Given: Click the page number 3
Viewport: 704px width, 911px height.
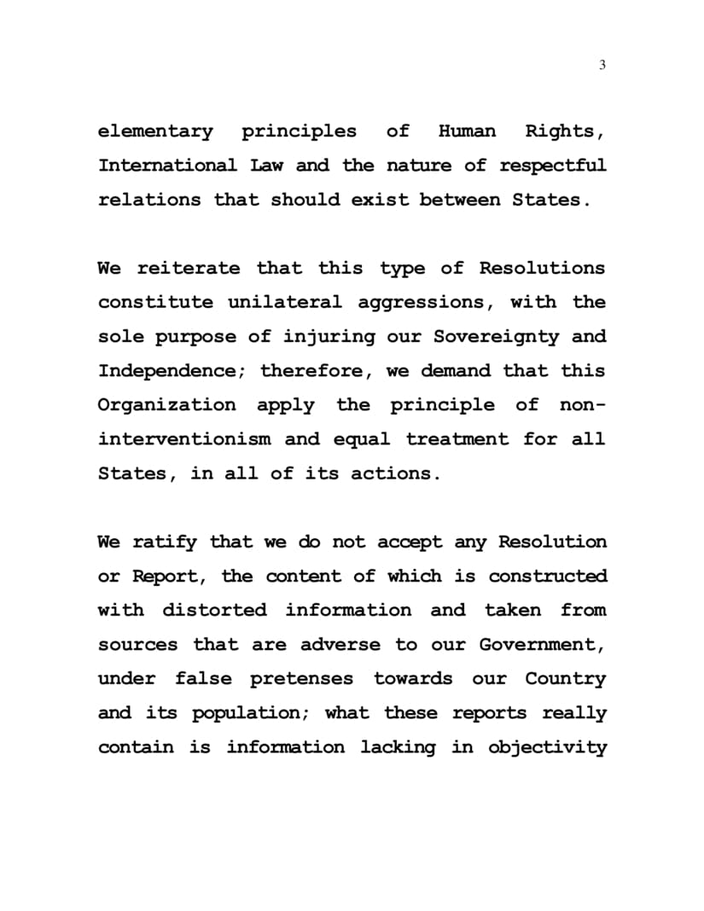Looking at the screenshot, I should (x=602, y=65).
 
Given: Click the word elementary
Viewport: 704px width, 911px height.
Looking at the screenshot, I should (x=155, y=131).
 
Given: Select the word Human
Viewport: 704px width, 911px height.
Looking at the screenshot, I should (x=467, y=131).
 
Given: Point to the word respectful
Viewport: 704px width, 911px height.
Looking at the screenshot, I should (x=553, y=165).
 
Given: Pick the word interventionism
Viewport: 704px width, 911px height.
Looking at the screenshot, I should (x=184, y=440).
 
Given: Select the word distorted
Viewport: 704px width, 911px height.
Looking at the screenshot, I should (x=214, y=611).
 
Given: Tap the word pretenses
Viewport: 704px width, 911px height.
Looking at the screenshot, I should (x=301, y=680).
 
